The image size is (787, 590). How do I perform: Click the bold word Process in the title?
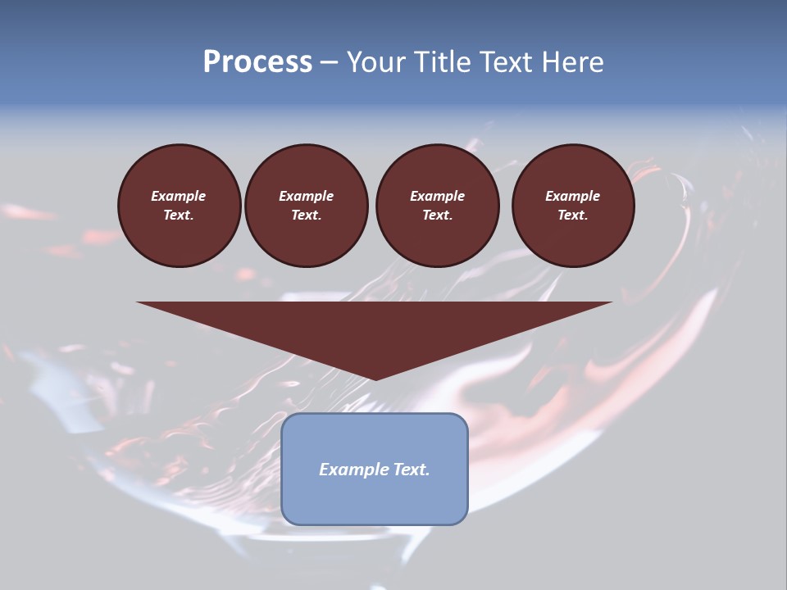(257, 62)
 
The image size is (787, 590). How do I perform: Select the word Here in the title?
(574, 62)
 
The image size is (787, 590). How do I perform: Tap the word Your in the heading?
(376, 62)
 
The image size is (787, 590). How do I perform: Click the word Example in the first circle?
(179, 196)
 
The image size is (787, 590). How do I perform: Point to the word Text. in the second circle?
(306, 216)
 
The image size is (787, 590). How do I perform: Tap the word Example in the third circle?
(437, 196)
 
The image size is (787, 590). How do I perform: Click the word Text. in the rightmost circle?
(572, 216)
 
